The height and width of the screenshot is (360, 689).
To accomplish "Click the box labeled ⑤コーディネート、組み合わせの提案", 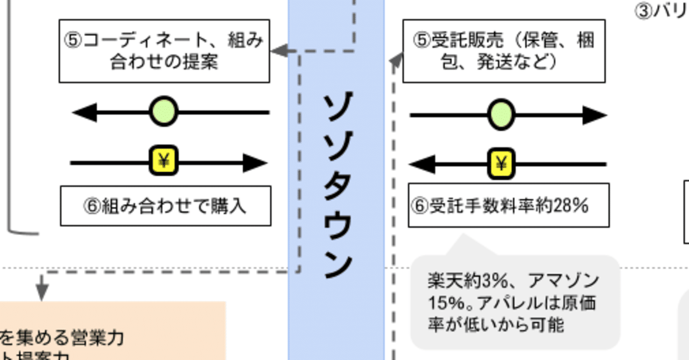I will point(164,51).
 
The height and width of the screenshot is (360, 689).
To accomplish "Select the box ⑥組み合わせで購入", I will point(165,206).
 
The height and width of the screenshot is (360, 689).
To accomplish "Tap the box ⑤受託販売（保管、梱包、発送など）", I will point(504,51).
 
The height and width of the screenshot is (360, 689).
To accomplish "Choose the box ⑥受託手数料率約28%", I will point(509,205).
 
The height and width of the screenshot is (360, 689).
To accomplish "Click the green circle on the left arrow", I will point(163,112).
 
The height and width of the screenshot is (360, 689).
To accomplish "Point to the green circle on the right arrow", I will point(501,115).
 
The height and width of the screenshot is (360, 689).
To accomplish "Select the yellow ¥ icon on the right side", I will point(501,164).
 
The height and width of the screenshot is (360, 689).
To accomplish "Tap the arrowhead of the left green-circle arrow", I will point(84,112).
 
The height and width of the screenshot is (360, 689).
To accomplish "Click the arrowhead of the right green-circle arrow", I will point(595,115).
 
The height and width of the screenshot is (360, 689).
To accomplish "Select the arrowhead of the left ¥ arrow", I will point(256,162).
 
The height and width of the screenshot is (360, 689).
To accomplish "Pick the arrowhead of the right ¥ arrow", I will point(422,164).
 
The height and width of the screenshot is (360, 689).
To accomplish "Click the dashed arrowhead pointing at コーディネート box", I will point(277,51).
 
